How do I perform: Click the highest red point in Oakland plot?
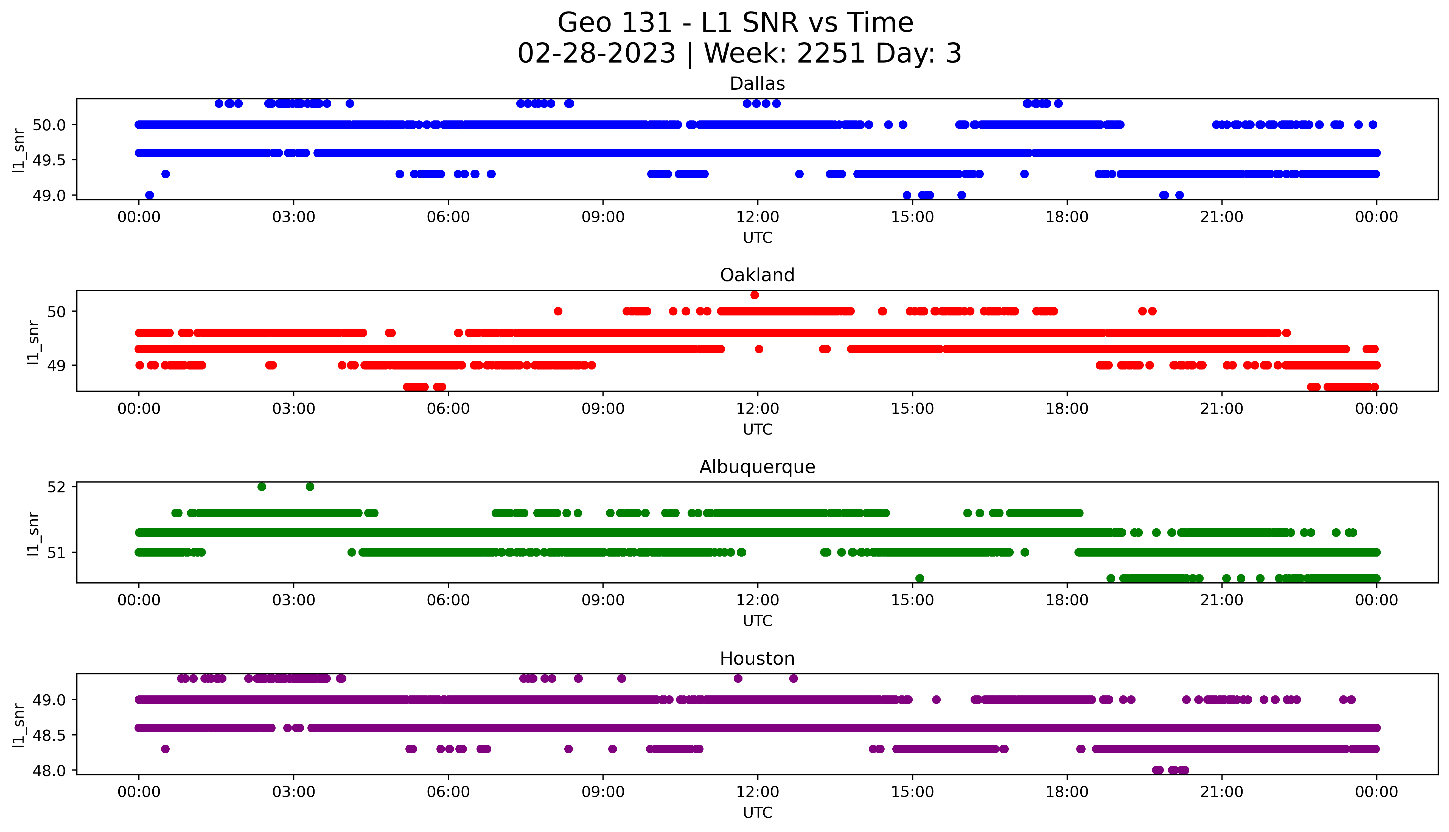(x=755, y=295)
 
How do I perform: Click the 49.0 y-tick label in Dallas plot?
(x=49, y=195)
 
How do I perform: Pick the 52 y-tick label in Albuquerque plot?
(x=57, y=487)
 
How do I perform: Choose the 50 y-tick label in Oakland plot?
(x=57, y=311)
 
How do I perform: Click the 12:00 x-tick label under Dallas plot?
(x=757, y=217)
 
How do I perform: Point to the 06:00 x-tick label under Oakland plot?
(x=448, y=408)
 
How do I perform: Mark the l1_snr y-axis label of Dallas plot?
(x=19, y=150)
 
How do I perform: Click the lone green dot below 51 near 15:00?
(x=919, y=578)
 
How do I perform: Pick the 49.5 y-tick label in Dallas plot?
(x=49, y=160)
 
